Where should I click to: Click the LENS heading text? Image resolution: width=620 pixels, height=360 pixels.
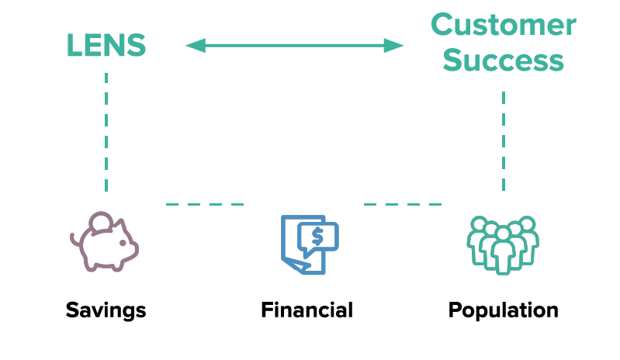106,46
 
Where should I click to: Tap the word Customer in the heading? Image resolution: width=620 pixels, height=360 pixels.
503,26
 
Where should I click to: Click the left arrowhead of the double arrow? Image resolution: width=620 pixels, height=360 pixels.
195,46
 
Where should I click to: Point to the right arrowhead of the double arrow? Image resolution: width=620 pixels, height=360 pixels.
395,46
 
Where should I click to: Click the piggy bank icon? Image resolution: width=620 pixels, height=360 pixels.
105,242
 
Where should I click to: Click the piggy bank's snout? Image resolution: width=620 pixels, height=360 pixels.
133,247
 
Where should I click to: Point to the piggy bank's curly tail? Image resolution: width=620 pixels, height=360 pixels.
74,240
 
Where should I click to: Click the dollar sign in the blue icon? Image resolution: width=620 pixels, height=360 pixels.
317,234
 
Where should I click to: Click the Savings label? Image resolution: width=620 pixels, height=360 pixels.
106,310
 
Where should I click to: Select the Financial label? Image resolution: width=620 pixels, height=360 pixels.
307,310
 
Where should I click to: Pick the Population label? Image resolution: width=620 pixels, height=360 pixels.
503,310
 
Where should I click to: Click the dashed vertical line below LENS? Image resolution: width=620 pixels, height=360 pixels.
106,132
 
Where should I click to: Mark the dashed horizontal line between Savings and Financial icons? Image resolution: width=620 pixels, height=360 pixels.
205,205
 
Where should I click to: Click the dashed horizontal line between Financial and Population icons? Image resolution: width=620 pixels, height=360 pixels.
403,205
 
